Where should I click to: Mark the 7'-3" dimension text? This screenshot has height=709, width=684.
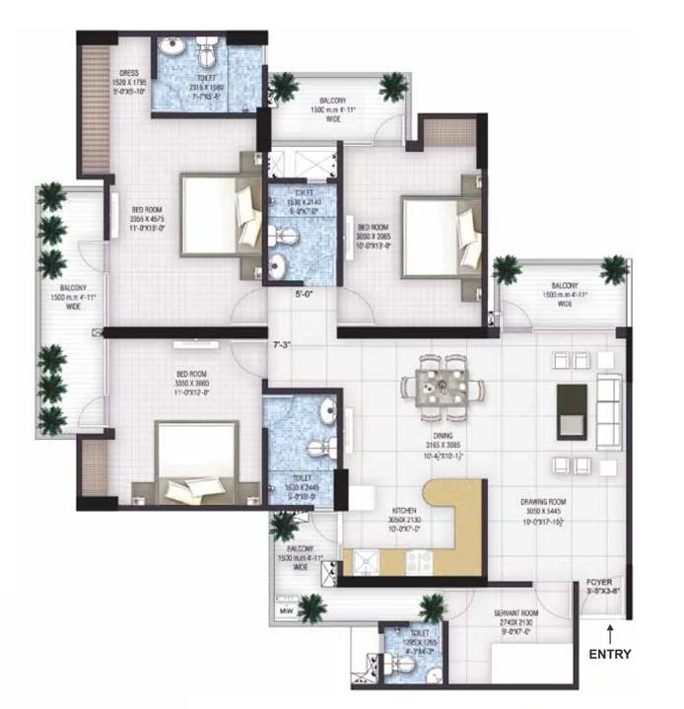(x=283, y=345)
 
